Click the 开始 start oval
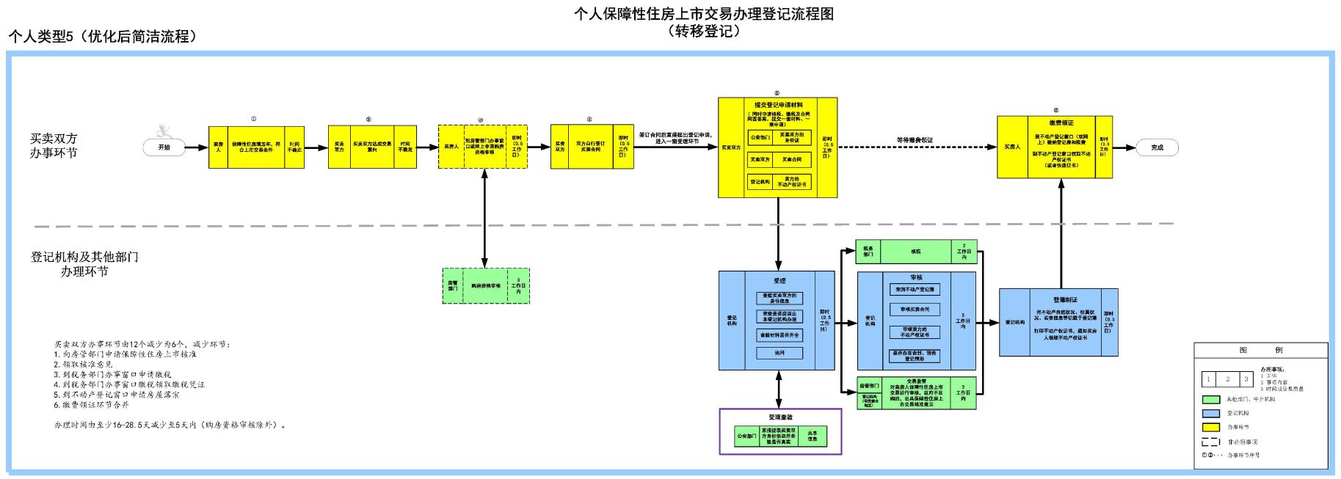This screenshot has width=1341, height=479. [x=164, y=147]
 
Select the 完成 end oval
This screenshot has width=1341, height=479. [x=1157, y=147]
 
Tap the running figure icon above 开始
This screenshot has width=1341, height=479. [x=166, y=131]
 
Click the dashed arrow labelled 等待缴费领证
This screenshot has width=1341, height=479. [x=915, y=147]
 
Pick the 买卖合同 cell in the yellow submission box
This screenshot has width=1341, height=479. [x=792, y=158]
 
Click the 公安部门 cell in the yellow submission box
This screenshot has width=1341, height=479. [x=759, y=136]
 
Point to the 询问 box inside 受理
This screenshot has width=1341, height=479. [x=779, y=354]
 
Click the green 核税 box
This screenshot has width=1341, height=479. [x=915, y=252]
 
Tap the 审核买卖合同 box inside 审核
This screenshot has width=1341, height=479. [x=915, y=310]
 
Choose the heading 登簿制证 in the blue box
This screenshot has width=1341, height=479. [x=1065, y=299]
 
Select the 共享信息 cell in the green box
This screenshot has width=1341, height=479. [x=813, y=436]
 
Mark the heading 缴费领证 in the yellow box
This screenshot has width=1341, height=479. [x=1061, y=123]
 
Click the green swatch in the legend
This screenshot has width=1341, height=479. [x=1211, y=400]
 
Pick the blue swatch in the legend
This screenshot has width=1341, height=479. [x=1211, y=414]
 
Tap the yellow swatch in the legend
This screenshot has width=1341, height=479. [x=1211, y=427]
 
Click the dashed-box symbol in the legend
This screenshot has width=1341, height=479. [x=1211, y=442]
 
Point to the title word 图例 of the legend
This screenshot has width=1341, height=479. [x=1260, y=351]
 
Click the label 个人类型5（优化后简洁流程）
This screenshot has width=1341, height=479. [x=103, y=37]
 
